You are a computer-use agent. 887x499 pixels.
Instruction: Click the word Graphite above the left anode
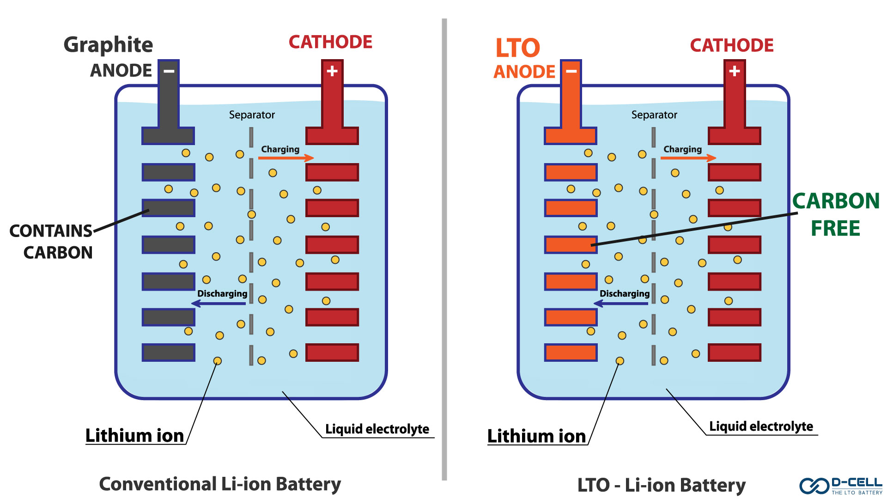[108, 45]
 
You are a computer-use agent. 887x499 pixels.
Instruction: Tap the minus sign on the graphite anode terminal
[169, 71]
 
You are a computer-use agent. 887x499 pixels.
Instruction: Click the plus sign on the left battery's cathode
[332, 71]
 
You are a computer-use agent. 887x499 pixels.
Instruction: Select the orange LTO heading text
[517, 48]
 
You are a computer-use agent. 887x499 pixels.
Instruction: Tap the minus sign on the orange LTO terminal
[571, 71]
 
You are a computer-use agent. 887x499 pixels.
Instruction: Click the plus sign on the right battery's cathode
[735, 71]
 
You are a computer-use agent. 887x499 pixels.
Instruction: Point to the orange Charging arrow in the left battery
[286, 158]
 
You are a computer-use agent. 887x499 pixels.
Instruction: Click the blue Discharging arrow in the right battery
[621, 304]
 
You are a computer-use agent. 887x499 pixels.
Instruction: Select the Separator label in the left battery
[252, 115]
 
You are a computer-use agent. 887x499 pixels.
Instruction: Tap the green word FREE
[835, 228]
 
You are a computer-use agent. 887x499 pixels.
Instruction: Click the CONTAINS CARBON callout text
[52, 241]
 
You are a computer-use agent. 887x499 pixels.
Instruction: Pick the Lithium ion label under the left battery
[134, 436]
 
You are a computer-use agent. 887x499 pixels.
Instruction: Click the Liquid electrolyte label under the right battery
[761, 426]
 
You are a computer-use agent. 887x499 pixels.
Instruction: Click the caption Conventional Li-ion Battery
[220, 484]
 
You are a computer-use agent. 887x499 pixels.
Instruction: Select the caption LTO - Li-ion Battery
[661, 485]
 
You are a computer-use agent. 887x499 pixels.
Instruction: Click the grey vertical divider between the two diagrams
[444, 249]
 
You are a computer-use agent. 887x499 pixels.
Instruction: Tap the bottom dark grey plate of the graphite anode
[168, 353]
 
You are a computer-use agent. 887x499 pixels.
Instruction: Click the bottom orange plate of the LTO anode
[571, 353]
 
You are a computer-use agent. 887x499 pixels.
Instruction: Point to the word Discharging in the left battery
[222, 293]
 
